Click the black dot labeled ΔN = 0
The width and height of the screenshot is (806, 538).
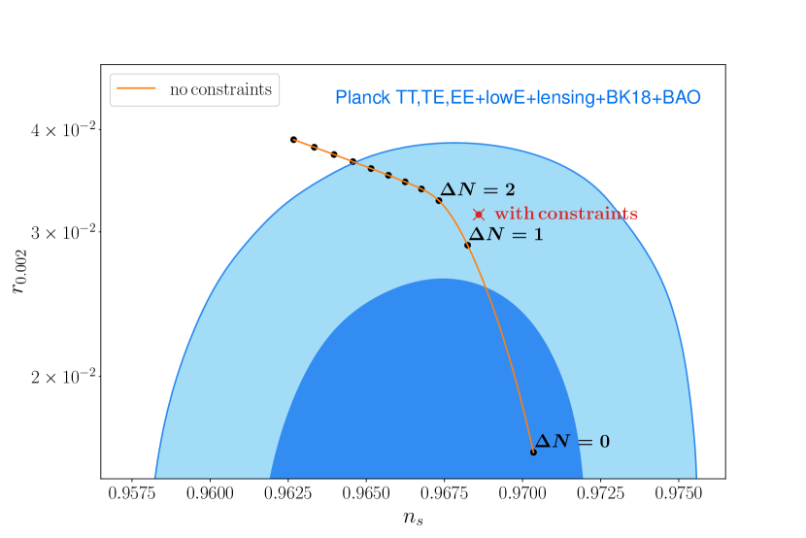point(533,453)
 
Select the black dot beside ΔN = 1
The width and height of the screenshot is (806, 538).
point(467,245)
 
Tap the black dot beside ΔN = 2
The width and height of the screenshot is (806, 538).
point(439,200)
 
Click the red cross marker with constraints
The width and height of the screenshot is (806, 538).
point(479,215)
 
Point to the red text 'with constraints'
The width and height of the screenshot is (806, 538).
point(566,214)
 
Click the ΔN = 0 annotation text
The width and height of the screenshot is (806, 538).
point(572,441)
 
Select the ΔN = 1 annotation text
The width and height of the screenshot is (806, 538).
point(506,234)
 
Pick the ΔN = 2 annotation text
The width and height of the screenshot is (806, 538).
point(478,189)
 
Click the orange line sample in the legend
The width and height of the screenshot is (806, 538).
point(136,89)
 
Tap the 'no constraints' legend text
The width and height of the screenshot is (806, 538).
point(220,89)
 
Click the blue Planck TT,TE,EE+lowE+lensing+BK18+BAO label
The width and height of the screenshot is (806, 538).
point(518,97)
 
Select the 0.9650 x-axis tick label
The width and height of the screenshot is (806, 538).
point(366,493)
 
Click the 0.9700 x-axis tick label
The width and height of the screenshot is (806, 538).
point(522,493)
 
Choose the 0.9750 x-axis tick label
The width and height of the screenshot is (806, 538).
point(679,493)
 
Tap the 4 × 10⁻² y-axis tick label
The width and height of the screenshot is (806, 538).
point(63,129)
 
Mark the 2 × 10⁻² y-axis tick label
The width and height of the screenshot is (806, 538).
point(63,377)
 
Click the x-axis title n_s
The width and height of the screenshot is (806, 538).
point(414,517)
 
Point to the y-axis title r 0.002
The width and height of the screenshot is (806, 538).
point(18,271)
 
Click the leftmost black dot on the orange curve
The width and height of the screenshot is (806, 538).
point(293,140)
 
